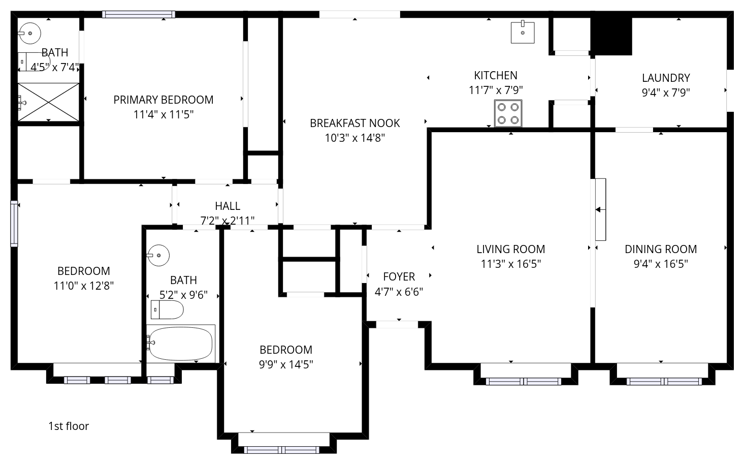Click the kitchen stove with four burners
pyautogui.click(x=508, y=113)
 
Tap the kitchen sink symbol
pyautogui.click(x=523, y=32)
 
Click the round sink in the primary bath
pyautogui.click(x=29, y=33)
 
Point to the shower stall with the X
pyautogui.click(x=48, y=102)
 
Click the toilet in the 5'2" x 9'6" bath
pyautogui.click(x=167, y=310)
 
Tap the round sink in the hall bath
pyautogui.click(x=158, y=255)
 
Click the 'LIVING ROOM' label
pyautogui.click(x=511, y=250)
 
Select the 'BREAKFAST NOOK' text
pyautogui.click(x=354, y=123)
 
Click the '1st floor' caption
pyautogui.click(x=69, y=426)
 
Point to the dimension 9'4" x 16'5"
pyautogui.click(x=661, y=264)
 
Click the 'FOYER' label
pyautogui.click(x=399, y=277)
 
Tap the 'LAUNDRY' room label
pyautogui.click(x=666, y=78)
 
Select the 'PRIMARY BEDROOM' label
pyautogui.click(x=164, y=100)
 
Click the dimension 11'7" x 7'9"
pyautogui.click(x=496, y=90)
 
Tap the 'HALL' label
pyautogui.click(x=228, y=206)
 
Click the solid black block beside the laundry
pyautogui.click(x=611, y=36)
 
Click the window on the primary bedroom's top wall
pyautogui.click(x=139, y=14)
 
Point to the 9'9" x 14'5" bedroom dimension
pyautogui.click(x=286, y=364)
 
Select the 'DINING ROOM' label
pyautogui.click(x=661, y=250)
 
